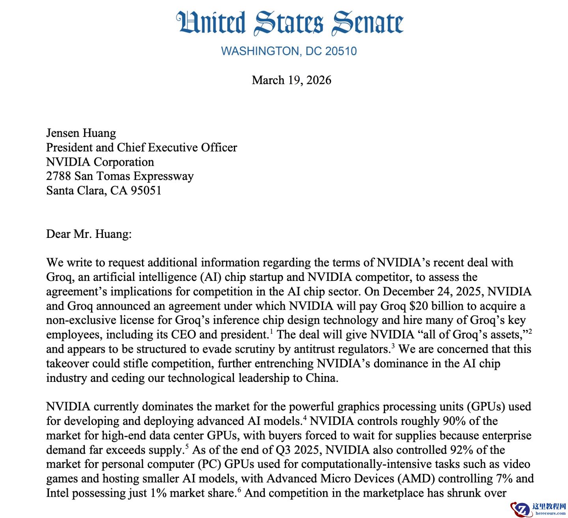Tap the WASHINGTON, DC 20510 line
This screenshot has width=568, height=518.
[289, 51]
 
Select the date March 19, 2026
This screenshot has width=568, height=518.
[291, 80]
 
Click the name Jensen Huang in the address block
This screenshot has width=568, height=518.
[81, 133]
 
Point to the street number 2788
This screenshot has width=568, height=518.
[58, 176]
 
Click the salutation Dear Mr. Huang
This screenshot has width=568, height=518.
[89, 234]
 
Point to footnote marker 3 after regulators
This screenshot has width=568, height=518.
[393, 346]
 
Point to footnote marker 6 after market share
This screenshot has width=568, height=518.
[239, 490]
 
